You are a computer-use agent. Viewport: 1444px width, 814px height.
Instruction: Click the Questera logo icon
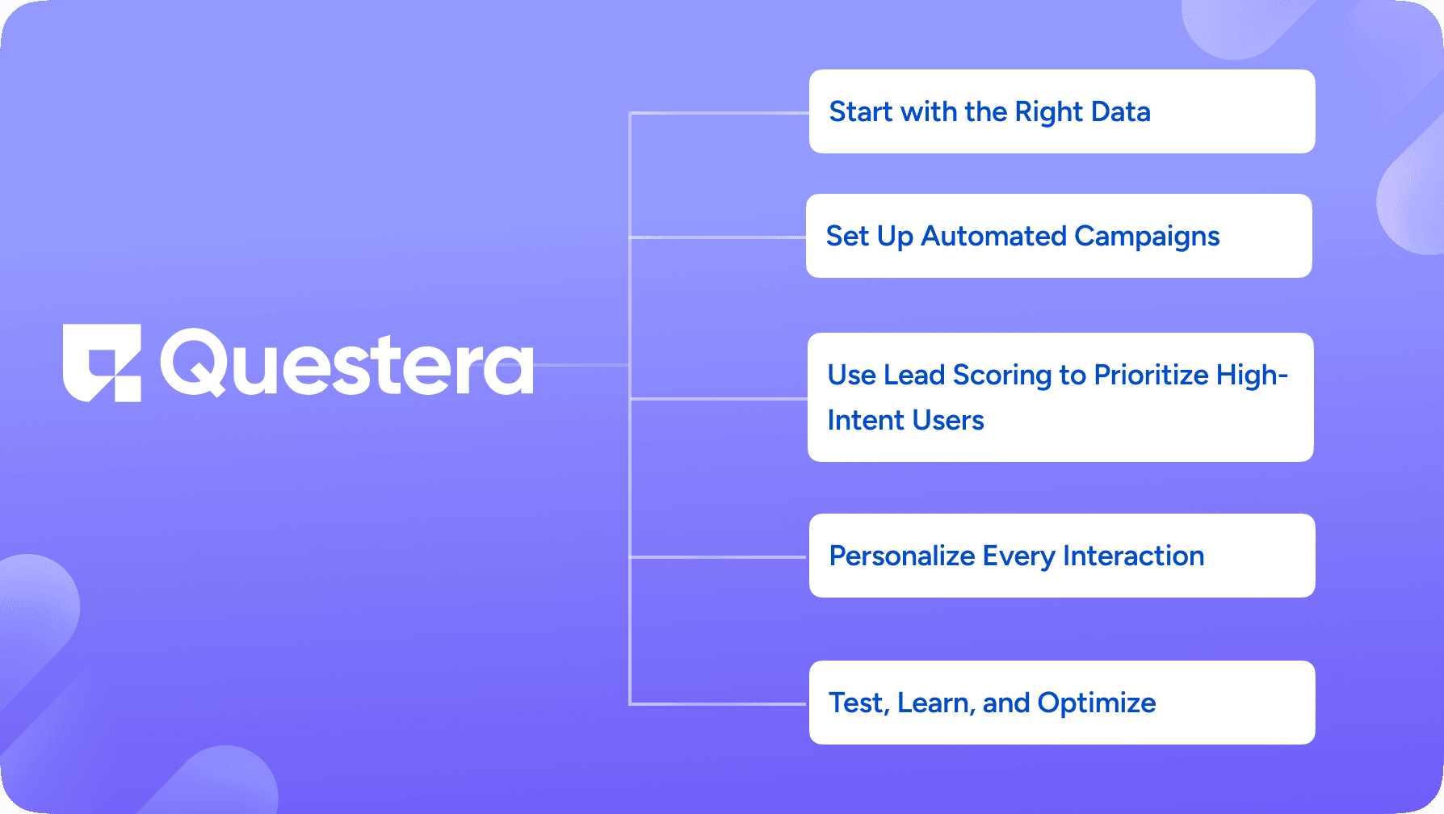click(x=102, y=363)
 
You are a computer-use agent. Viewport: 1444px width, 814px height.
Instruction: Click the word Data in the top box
click(x=1119, y=111)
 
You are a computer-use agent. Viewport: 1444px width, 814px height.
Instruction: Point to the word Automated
click(x=993, y=236)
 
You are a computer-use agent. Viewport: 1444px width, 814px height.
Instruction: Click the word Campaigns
click(x=1147, y=237)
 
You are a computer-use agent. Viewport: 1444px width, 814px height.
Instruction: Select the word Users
click(x=948, y=420)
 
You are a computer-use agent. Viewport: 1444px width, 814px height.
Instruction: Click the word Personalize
click(x=902, y=556)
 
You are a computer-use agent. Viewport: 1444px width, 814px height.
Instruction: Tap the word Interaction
click(x=1133, y=556)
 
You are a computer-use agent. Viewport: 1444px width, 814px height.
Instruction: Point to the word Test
click(x=859, y=703)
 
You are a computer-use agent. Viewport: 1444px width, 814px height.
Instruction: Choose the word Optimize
click(x=1097, y=703)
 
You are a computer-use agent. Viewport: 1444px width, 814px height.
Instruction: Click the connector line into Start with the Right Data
click(x=719, y=113)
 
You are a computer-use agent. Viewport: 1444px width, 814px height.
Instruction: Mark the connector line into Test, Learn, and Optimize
click(x=719, y=704)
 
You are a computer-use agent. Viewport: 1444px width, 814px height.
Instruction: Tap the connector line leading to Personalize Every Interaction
click(x=719, y=557)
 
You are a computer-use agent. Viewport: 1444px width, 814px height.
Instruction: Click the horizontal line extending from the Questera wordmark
click(x=581, y=365)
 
